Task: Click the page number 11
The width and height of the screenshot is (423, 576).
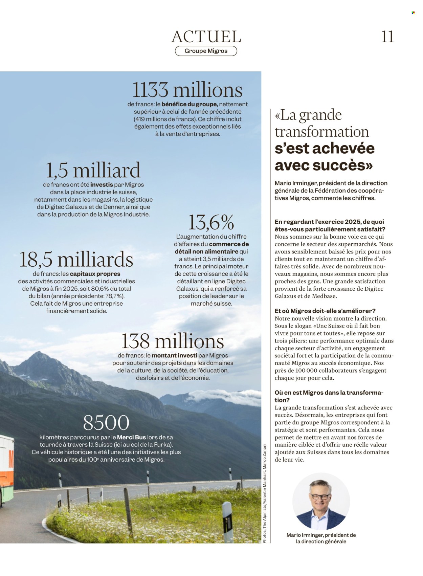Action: click(387, 37)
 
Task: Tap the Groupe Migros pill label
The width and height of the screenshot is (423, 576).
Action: click(206, 51)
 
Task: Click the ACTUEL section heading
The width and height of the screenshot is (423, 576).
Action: click(206, 37)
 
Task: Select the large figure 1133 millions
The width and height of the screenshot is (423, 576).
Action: click(187, 90)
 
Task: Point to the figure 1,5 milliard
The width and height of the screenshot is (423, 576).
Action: click(93, 170)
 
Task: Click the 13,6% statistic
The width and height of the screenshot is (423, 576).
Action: click(211, 222)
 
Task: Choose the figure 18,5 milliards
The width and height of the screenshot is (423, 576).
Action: click(76, 260)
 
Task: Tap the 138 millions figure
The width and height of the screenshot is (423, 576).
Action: click(173, 341)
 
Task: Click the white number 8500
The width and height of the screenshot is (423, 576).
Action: click(106, 423)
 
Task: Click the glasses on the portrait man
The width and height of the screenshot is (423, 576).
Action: click(320, 496)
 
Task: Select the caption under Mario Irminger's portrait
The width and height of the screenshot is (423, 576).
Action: click(321, 538)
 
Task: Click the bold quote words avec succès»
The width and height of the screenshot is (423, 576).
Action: click(324, 165)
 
